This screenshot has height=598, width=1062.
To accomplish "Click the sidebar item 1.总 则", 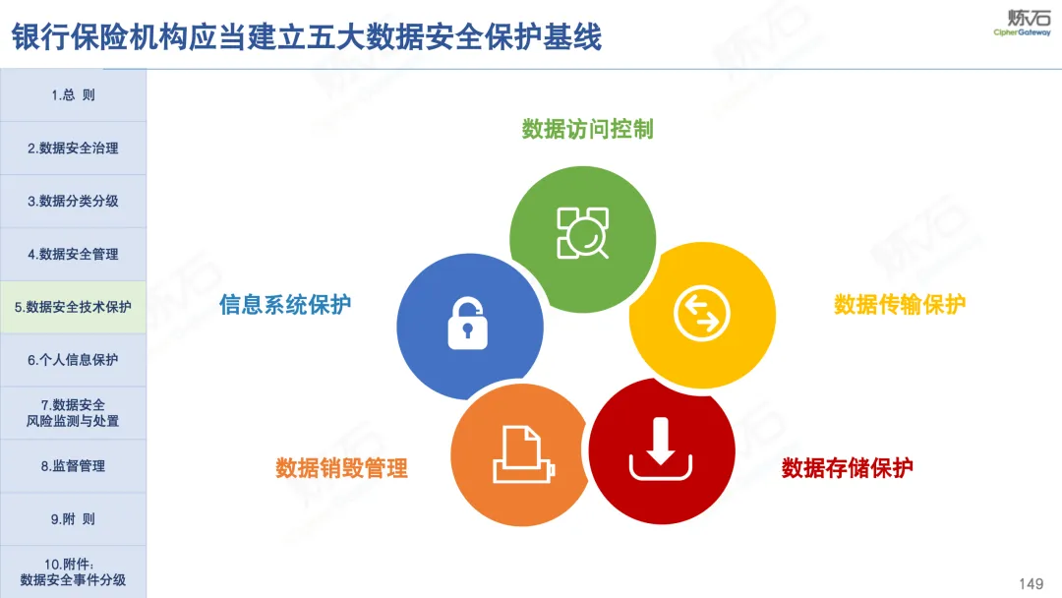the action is tap(73, 94).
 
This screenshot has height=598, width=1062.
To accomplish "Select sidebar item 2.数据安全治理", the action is tap(73, 149).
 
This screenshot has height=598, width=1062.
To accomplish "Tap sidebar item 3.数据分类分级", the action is tap(73, 202).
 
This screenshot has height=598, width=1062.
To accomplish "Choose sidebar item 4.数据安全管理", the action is tap(73, 254).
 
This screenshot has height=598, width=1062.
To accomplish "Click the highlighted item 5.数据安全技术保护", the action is tap(73, 307).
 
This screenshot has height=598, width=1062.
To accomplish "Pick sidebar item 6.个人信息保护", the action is tap(73, 360).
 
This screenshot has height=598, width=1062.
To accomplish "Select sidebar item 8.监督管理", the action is tap(73, 466).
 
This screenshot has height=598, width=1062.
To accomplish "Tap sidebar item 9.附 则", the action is tap(73, 518).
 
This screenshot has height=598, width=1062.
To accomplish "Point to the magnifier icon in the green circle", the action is tap(582, 233).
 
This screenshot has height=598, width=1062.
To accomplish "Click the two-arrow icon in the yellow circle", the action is tap(702, 314).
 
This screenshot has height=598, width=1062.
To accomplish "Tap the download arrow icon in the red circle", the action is tap(661, 449).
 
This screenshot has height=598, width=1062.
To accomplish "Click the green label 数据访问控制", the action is tap(587, 129).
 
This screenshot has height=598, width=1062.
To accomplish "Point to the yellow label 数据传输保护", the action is tap(900, 305).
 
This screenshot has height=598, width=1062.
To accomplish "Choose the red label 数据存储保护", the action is tap(848, 467).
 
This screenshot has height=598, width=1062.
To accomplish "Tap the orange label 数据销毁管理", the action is tap(341, 468).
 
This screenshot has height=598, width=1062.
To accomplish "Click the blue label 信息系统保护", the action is tap(285, 305).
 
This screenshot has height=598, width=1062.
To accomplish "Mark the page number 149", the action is tap(1031, 584).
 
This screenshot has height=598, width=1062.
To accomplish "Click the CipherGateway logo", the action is tap(1022, 23).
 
